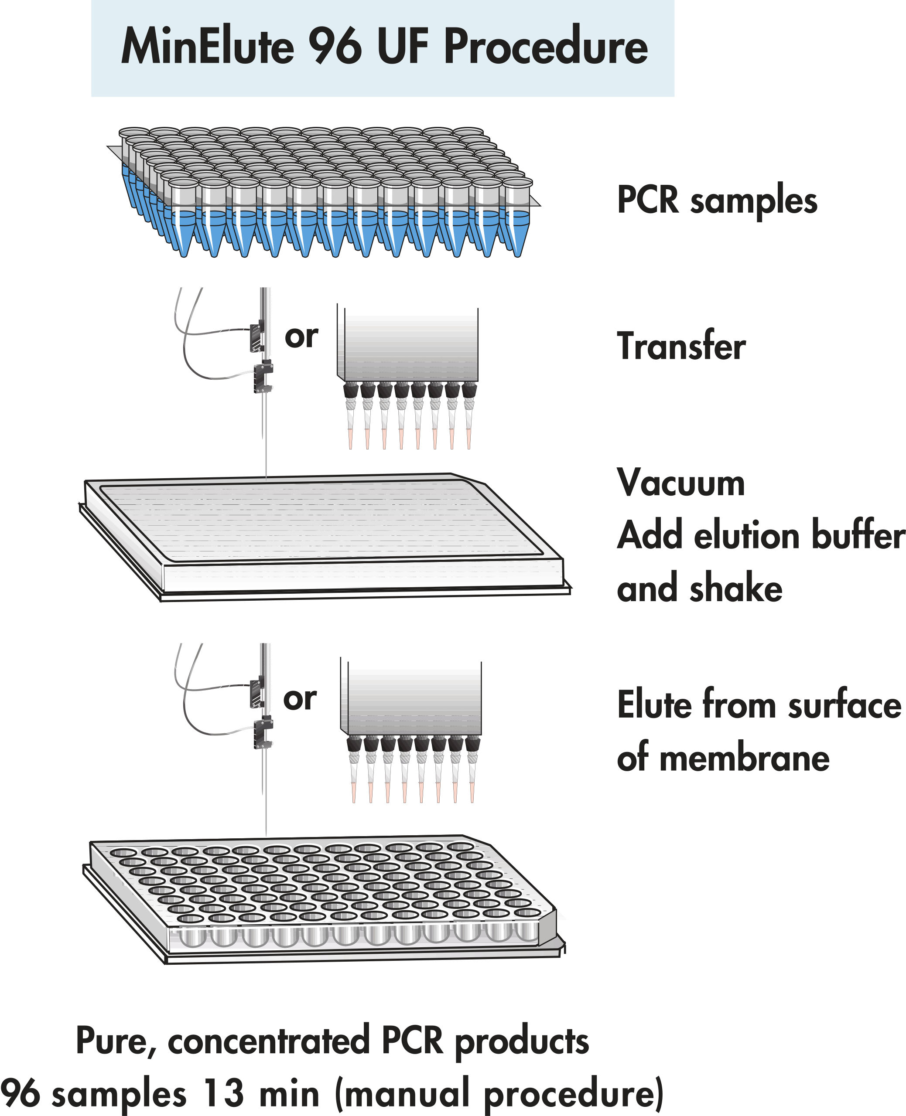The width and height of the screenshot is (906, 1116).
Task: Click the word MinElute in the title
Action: click(207, 47)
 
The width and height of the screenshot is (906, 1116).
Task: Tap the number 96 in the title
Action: click(335, 47)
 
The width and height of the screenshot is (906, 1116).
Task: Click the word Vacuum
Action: click(680, 483)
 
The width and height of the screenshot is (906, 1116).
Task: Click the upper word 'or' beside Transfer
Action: click(301, 337)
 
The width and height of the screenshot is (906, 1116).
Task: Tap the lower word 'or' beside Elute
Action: click(300, 699)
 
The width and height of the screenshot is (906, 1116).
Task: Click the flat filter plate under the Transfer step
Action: click(324, 532)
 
